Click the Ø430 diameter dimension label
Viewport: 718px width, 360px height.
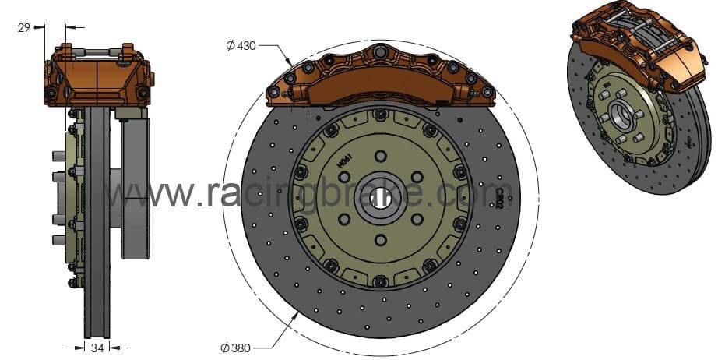click(x=241, y=46)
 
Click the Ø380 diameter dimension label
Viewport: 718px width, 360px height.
click(x=235, y=348)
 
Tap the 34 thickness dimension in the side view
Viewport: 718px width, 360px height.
click(x=97, y=348)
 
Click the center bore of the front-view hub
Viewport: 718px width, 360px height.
click(x=380, y=196)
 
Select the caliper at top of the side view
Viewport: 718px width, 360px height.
click(x=99, y=76)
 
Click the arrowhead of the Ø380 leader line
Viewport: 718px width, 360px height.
click(x=296, y=313)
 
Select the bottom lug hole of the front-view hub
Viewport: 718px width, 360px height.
click(x=380, y=239)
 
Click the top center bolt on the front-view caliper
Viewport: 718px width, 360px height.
click(x=380, y=52)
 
